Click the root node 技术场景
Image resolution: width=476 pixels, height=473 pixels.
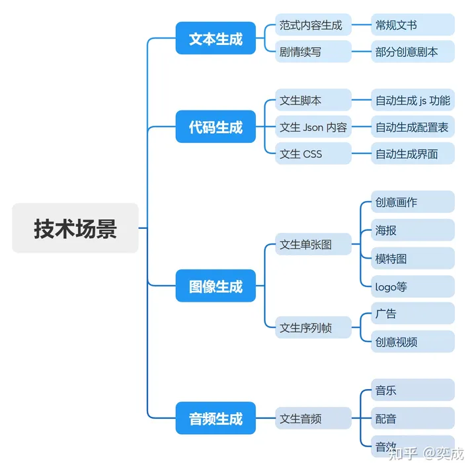pyautogui.click(x=75, y=228)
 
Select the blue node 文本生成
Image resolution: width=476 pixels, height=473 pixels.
pyautogui.click(x=216, y=38)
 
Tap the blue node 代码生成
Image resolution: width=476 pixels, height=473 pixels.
pyautogui.click(x=216, y=126)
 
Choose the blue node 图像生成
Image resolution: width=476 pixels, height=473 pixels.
pyautogui.click(x=216, y=286)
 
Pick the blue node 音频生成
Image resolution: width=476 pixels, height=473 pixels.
pyautogui.click(x=216, y=418)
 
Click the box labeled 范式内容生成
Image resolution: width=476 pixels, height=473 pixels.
pyautogui.click(x=313, y=25)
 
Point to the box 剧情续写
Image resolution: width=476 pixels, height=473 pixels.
pyautogui.click(x=313, y=52)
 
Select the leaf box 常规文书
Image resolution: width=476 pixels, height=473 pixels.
pyautogui.click(x=413, y=25)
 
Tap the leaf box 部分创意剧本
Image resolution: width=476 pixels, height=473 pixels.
pyautogui.click(x=413, y=52)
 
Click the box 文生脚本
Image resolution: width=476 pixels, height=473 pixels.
pyautogui.click(x=313, y=101)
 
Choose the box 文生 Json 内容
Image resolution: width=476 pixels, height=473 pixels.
pyautogui.click(x=313, y=127)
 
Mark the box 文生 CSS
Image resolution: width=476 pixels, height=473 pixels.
pyautogui.click(x=313, y=153)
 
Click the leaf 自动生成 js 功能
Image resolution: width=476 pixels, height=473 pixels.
pyautogui.click(x=413, y=101)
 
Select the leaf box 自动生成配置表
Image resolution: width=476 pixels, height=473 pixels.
pyautogui.click(x=413, y=127)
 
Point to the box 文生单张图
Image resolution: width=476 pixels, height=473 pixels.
pyautogui.click(x=313, y=244)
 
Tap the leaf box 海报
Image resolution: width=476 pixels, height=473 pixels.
pyautogui.click(x=413, y=230)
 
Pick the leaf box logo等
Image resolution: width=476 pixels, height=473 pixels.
pyautogui.click(x=413, y=286)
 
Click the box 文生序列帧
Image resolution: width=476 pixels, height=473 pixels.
pyautogui.click(x=313, y=327)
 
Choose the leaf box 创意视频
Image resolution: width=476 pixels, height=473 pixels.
pyautogui.click(x=413, y=342)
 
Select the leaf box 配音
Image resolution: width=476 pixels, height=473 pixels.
pyautogui.click(x=413, y=418)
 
